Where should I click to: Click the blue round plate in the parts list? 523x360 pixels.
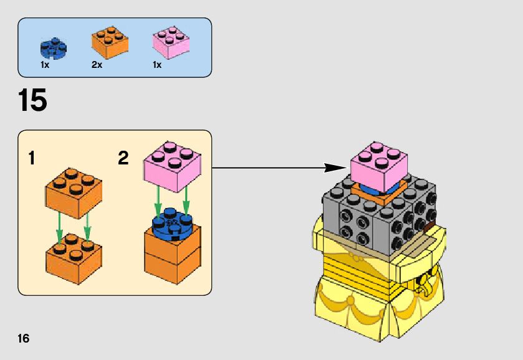[54, 47]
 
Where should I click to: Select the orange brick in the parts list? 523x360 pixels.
[110, 41]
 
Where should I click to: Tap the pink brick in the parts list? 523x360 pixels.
[171, 42]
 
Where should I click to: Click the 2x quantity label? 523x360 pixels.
[97, 65]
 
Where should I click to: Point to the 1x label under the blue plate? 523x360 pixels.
[45, 65]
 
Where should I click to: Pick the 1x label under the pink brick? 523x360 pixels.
[157, 65]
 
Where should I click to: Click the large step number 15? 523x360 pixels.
[32, 101]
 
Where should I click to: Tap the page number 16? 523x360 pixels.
[24, 339]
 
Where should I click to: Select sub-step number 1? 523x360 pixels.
[32, 159]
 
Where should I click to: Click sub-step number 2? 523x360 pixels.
[123, 159]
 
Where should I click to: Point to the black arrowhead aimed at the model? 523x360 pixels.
[337, 167]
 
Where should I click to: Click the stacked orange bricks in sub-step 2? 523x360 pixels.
[173, 255]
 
